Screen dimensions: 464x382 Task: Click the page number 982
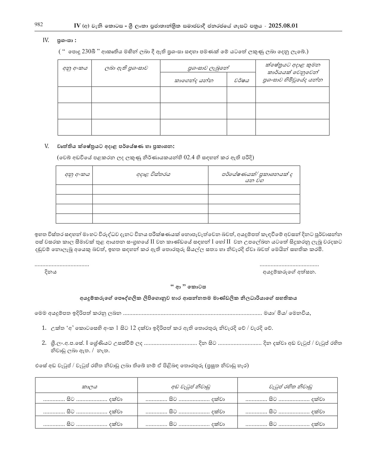pos(39,25)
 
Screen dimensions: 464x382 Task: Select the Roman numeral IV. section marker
pos(46,40)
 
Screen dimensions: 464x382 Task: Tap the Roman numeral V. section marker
pos(46,146)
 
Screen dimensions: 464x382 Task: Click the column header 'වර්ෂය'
pos(241,80)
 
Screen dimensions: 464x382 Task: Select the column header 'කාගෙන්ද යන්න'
pos(194,80)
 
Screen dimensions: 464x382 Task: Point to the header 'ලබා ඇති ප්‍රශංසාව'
pos(126,68)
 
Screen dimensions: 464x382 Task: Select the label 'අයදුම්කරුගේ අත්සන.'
pos(289,272)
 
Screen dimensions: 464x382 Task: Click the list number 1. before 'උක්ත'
pos(44,328)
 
